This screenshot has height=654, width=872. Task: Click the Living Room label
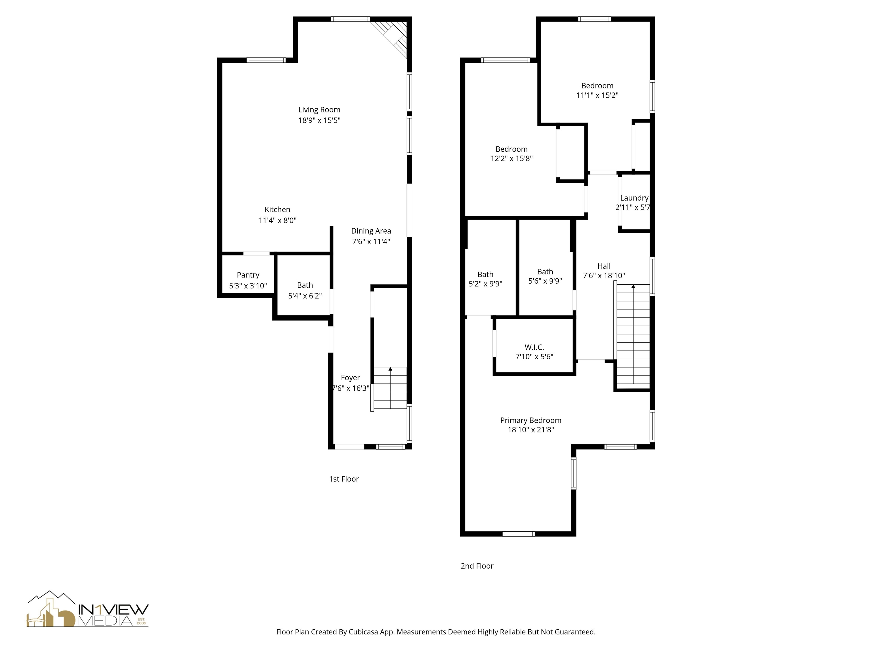319,110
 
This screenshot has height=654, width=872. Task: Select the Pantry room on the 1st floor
248,275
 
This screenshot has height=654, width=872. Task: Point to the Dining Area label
371,231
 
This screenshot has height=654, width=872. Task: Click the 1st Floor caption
344,479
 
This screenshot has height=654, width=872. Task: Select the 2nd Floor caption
477,566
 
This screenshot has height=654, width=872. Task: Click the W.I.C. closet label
534,347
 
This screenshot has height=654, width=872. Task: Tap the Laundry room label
634,198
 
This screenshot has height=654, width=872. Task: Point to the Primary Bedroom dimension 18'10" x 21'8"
531,430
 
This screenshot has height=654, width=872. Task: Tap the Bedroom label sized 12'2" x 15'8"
511,149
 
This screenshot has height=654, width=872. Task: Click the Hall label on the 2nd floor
603,266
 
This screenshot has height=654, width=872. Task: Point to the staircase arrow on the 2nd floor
633,287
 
